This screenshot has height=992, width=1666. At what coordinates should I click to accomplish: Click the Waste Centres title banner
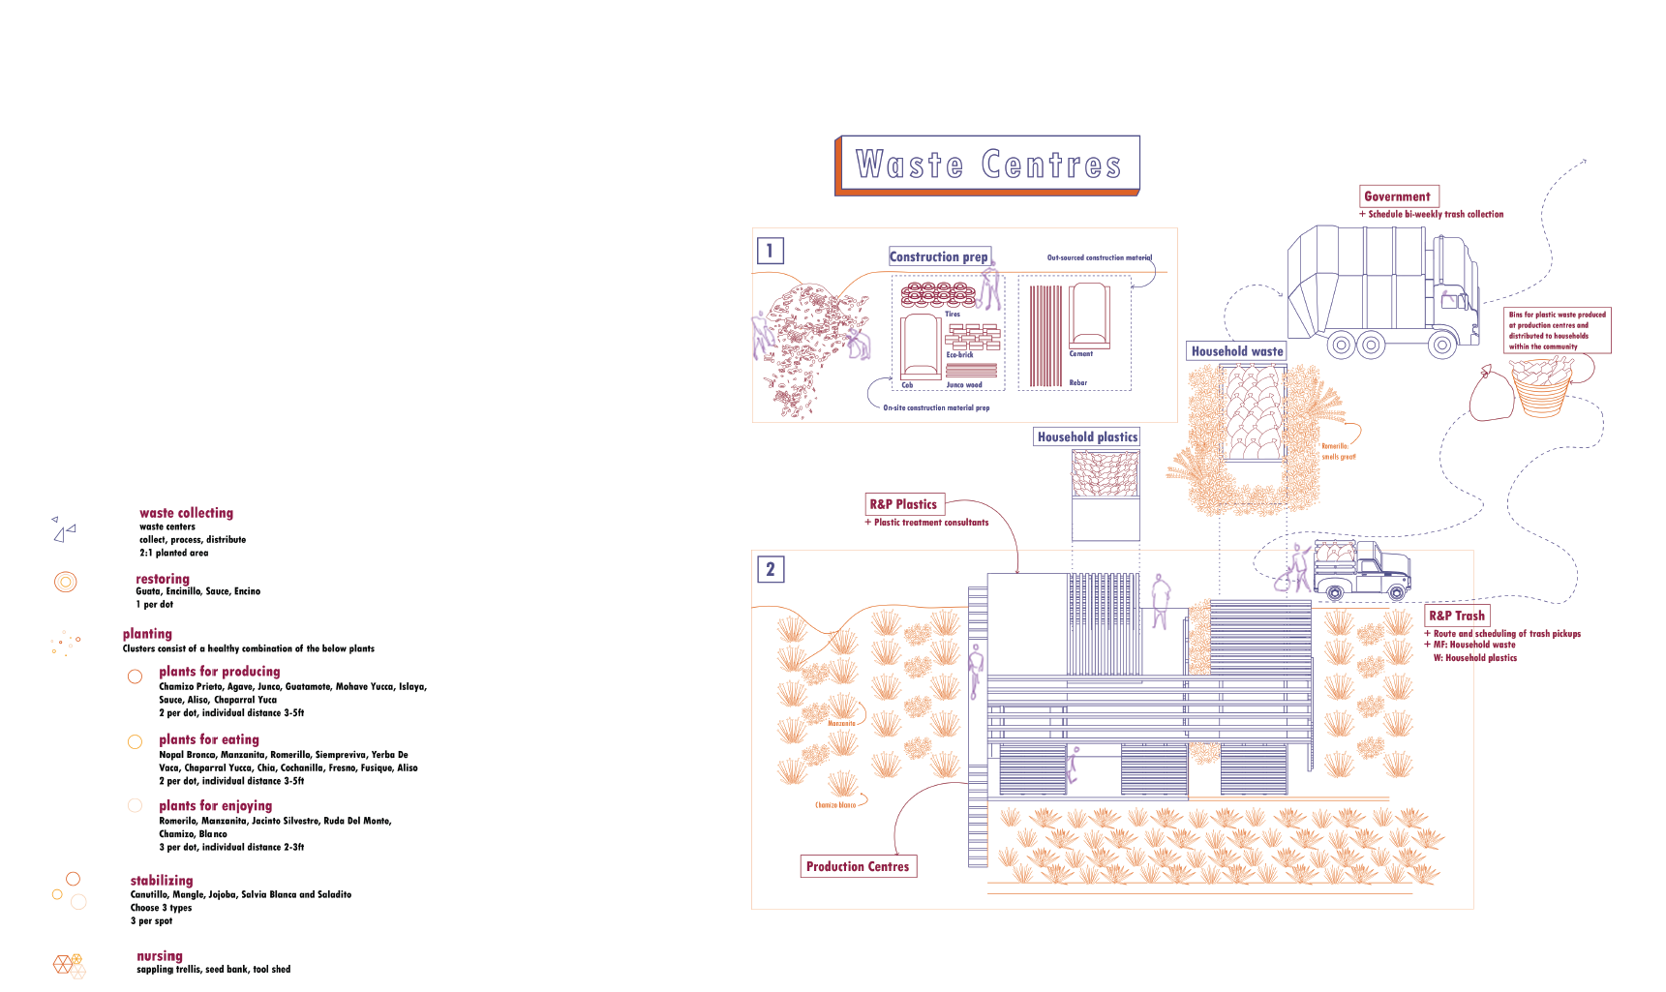[987, 165]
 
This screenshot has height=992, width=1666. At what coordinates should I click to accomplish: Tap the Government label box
[1399, 196]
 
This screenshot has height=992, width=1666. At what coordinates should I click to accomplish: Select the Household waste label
[1237, 351]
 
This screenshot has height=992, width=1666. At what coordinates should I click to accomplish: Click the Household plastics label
[1087, 437]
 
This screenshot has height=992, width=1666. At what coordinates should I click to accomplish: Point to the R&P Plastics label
[904, 504]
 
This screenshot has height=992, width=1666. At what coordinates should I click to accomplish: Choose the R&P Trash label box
[1457, 616]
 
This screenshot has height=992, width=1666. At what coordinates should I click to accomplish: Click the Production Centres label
[858, 866]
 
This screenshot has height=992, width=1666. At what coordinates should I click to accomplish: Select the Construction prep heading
[939, 256]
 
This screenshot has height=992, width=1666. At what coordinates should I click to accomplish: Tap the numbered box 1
[770, 252]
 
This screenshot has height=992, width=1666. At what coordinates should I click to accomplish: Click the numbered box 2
[771, 569]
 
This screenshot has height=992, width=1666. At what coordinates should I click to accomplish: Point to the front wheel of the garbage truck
[1442, 344]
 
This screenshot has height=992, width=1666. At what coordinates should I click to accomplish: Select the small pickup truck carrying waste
[1360, 571]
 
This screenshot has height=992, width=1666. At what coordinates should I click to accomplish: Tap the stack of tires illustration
[938, 295]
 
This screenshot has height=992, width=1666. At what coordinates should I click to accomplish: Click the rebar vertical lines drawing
[1045, 335]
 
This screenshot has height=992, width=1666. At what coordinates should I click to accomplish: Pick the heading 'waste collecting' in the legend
[186, 513]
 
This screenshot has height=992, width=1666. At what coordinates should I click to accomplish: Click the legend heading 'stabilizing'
[162, 881]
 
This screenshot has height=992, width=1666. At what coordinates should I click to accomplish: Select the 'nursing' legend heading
[160, 956]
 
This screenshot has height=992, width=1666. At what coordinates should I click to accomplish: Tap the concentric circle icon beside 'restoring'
[65, 582]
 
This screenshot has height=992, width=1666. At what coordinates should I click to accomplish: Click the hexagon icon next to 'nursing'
[69, 965]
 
